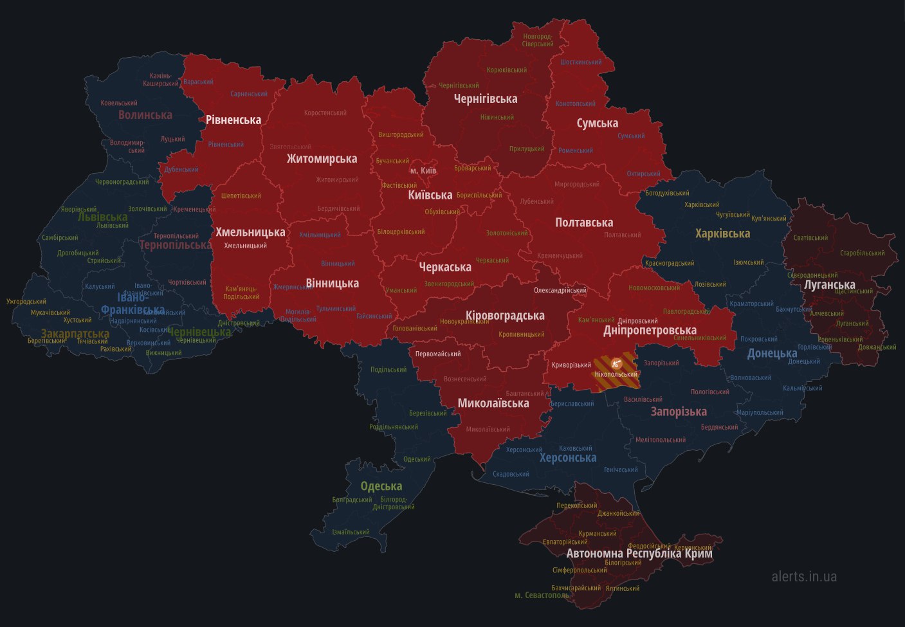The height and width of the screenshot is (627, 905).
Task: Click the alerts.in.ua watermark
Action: (804, 576)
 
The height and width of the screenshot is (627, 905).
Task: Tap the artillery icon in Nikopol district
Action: (616, 363)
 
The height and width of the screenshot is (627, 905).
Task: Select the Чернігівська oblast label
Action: (486, 99)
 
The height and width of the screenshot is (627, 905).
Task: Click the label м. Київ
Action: (423, 170)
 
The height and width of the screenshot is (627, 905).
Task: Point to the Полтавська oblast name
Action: (584, 223)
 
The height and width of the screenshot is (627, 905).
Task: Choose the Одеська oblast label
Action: (381, 486)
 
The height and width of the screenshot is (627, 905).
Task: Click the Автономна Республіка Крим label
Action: (639, 553)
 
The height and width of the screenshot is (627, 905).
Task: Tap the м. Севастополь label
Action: (542, 595)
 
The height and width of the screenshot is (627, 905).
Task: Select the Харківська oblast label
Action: (723, 233)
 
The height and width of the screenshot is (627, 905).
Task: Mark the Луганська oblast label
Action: (830, 284)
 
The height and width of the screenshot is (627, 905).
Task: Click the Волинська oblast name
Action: (145, 115)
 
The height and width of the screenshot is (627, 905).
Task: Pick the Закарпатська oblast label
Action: (75, 334)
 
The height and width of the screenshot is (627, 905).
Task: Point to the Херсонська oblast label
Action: (568, 458)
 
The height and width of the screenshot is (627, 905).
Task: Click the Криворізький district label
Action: (571, 365)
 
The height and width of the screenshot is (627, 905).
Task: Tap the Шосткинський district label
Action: (581, 62)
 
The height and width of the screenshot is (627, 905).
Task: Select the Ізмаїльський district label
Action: (351, 532)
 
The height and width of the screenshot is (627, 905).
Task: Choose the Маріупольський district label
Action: (760, 413)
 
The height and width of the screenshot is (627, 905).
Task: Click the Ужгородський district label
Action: (26, 302)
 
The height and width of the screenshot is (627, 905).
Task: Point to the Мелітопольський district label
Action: (661, 440)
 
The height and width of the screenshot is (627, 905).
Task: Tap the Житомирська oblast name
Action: (322, 159)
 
